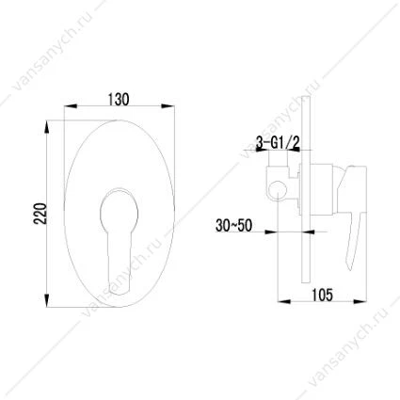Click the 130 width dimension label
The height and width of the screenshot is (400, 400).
[119, 99]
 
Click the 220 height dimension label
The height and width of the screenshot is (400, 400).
[40, 214]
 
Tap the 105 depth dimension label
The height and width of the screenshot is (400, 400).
[322, 295]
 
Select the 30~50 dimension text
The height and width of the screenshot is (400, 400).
[233, 226]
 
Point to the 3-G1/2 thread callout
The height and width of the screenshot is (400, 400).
[279, 143]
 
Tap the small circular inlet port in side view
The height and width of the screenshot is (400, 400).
[279, 191]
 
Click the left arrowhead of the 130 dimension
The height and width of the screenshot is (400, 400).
[70, 106]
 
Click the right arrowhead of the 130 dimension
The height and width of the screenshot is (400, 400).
[168, 106]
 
